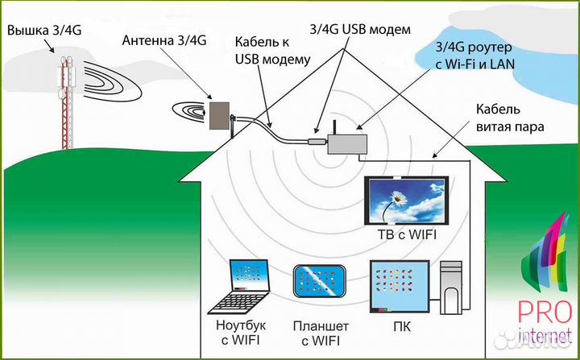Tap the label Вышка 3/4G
pos(44,31)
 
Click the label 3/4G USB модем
pos(360,30)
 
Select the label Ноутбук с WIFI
pos(243,333)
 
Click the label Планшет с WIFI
pos(321,333)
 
